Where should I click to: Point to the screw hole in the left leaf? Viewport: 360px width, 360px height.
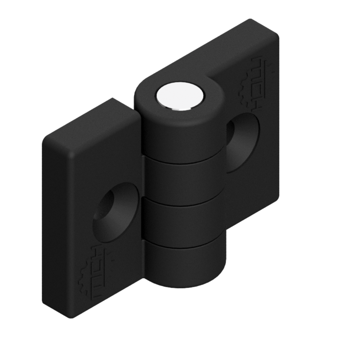tap(114, 213)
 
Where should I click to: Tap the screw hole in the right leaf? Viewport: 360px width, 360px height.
tap(243, 142)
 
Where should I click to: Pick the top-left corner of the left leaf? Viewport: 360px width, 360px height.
tap(47, 139)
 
